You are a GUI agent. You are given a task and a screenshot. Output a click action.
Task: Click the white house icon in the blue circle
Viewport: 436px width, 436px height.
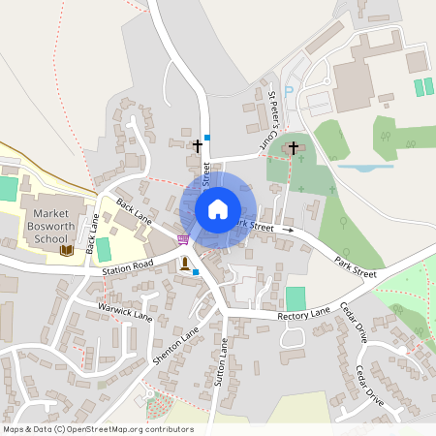click(217, 208)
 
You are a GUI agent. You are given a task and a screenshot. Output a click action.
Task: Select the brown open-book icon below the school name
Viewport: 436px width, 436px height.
click(66, 250)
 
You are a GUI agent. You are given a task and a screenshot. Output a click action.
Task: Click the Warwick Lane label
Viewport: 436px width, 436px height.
click(125, 311)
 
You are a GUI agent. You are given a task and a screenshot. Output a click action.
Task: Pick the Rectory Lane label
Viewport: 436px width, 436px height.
click(303, 314)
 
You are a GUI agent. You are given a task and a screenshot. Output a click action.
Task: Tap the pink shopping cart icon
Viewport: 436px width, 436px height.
click(183, 239)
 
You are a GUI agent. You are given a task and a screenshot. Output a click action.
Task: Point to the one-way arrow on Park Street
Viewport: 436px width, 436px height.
click(287, 230)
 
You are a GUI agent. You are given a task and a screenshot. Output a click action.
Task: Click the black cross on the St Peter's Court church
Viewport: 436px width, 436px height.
click(294, 148)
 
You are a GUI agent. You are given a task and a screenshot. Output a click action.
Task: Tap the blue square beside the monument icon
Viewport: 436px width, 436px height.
click(196, 272)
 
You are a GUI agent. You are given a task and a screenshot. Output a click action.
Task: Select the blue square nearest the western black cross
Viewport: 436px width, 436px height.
click(206, 138)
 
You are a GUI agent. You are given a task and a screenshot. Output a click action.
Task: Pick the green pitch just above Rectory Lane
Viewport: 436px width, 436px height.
click(296, 298)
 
